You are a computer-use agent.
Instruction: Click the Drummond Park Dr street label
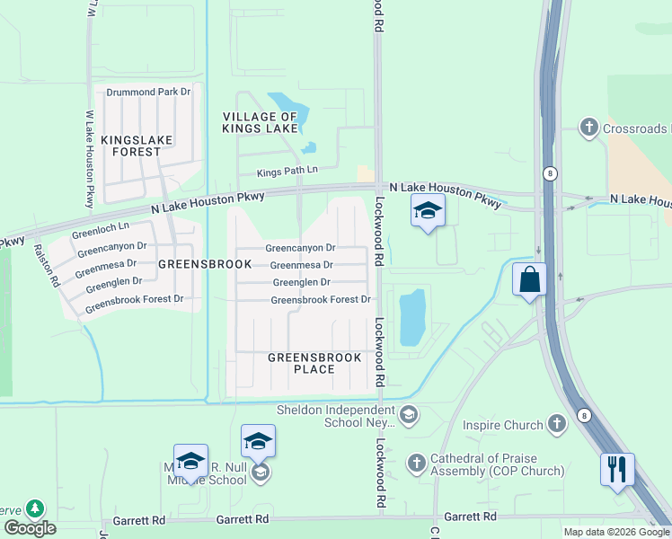[148, 92]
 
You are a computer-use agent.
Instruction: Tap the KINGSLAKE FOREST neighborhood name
[131, 146]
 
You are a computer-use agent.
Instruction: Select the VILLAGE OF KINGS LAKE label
[260, 123]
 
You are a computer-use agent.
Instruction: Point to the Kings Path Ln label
[287, 171]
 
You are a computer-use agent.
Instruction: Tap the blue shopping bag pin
[530, 279]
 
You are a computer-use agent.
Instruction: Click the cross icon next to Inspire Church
[557, 425]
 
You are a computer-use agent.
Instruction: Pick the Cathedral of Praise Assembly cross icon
[416, 464]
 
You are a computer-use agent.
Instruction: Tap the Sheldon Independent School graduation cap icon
[409, 413]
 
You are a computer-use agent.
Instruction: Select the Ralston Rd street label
[45, 267]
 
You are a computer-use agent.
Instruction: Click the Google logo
[30, 527]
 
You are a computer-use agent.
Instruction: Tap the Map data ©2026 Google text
[615, 532]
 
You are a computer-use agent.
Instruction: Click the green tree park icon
[35, 509]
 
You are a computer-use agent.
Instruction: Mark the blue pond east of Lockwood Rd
[411, 317]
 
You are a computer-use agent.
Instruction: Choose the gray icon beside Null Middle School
[260, 473]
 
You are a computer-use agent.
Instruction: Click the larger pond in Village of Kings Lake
[288, 112]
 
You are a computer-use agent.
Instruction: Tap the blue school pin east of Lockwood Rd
[429, 212]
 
